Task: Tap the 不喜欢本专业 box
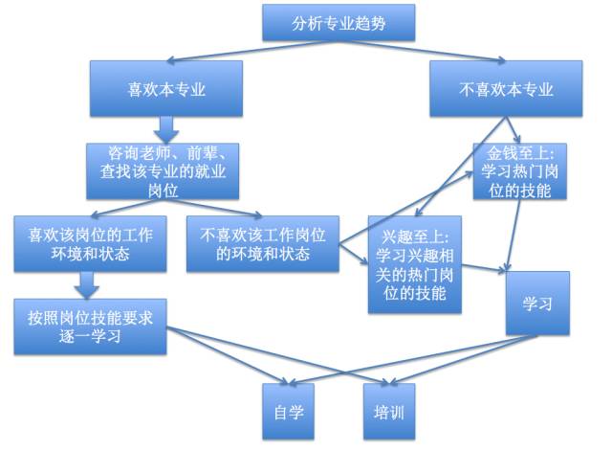(x=506, y=89)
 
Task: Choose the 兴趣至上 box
(x=414, y=263)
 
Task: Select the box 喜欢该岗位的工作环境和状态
(x=92, y=244)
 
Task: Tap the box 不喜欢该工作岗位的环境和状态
(x=264, y=244)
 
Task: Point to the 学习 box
(x=538, y=303)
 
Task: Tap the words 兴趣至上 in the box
(x=421, y=235)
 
